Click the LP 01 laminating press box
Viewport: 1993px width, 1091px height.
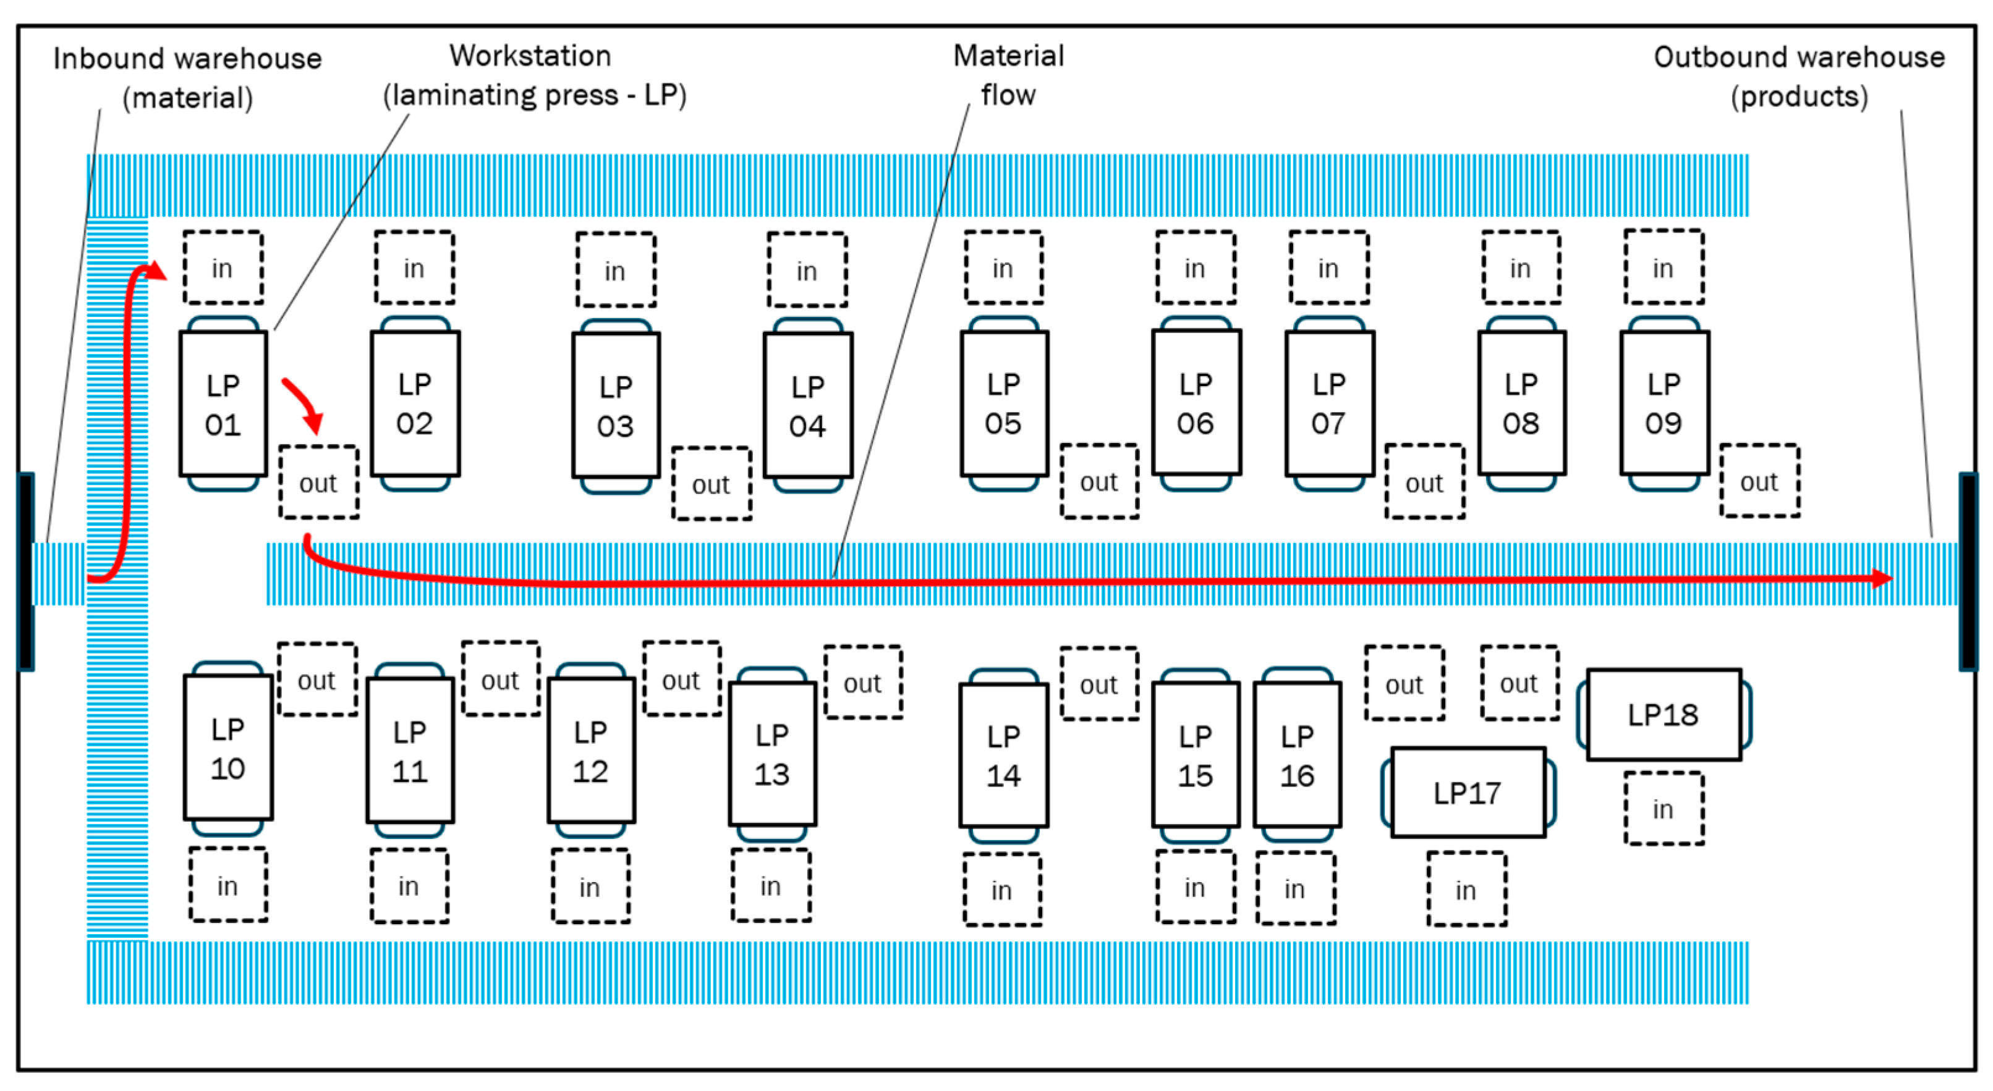pos(224,403)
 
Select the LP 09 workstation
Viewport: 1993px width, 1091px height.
pos(1664,403)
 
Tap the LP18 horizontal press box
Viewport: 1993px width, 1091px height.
pos(1664,714)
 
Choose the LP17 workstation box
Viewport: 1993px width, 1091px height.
pos(1468,793)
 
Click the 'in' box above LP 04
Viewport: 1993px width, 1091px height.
pos(807,270)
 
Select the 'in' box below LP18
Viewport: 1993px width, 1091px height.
pos(1664,809)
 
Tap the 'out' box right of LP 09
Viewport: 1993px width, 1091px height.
pos(1759,481)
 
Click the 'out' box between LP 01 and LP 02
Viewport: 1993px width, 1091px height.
pos(319,482)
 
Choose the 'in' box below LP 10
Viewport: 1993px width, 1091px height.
pos(228,885)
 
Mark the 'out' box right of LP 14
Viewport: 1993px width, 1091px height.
pos(1099,683)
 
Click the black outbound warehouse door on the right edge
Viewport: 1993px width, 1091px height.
pos(1968,572)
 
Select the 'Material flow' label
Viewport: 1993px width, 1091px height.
pos(1009,75)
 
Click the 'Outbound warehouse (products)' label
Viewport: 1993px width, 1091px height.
pos(1800,77)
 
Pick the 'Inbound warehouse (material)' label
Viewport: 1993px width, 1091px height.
pos(187,78)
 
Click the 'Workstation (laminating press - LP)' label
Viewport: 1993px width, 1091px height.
pos(535,75)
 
